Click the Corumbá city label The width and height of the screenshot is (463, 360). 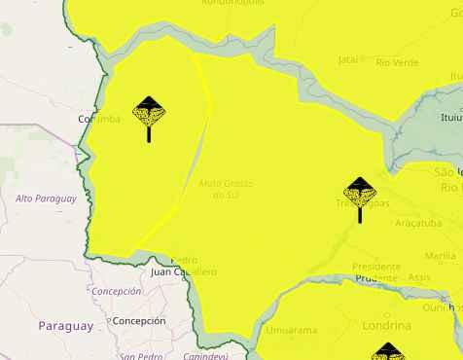(98, 119)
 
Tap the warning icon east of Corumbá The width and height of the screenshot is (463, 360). (149, 115)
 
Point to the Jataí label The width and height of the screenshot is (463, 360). (347, 59)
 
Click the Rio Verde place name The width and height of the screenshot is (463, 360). (396, 62)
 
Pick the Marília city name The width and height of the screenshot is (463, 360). (440, 256)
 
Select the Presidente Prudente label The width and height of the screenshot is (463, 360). (376, 271)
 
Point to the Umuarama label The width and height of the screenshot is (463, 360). (291, 330)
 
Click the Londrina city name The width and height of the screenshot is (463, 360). (386, 324)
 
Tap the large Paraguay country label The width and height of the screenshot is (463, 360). (65, 326)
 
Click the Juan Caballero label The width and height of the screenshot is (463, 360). (184, 272)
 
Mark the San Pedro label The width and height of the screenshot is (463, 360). (140, 355)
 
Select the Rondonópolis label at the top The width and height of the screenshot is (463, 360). (232, 3)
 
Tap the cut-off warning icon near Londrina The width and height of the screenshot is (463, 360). (387, 351)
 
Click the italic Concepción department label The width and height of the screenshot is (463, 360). (116, 291)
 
